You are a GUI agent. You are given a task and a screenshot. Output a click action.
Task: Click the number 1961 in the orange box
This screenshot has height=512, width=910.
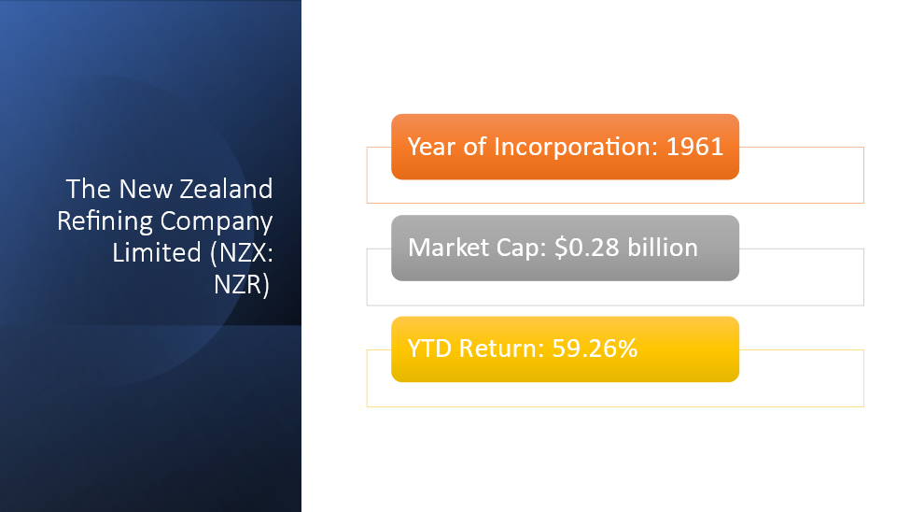694,147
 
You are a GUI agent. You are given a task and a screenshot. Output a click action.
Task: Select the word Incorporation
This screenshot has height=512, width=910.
576,148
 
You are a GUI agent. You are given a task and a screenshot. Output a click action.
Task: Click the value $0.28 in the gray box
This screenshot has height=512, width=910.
587,248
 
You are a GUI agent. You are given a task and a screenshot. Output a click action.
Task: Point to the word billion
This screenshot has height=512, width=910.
663,248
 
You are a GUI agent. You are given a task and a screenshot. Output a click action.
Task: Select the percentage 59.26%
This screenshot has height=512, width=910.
595,348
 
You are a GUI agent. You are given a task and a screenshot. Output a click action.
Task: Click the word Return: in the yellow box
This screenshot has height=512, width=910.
502,348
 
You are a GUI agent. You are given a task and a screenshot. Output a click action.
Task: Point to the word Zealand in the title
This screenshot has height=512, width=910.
226,189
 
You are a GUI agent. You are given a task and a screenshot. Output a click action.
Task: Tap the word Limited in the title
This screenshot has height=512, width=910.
157,253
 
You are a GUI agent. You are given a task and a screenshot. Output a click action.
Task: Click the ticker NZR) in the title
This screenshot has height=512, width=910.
242,285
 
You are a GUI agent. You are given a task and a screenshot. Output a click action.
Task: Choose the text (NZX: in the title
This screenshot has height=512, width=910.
242,253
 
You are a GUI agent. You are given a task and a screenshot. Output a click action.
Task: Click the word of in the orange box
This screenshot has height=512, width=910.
474,147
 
